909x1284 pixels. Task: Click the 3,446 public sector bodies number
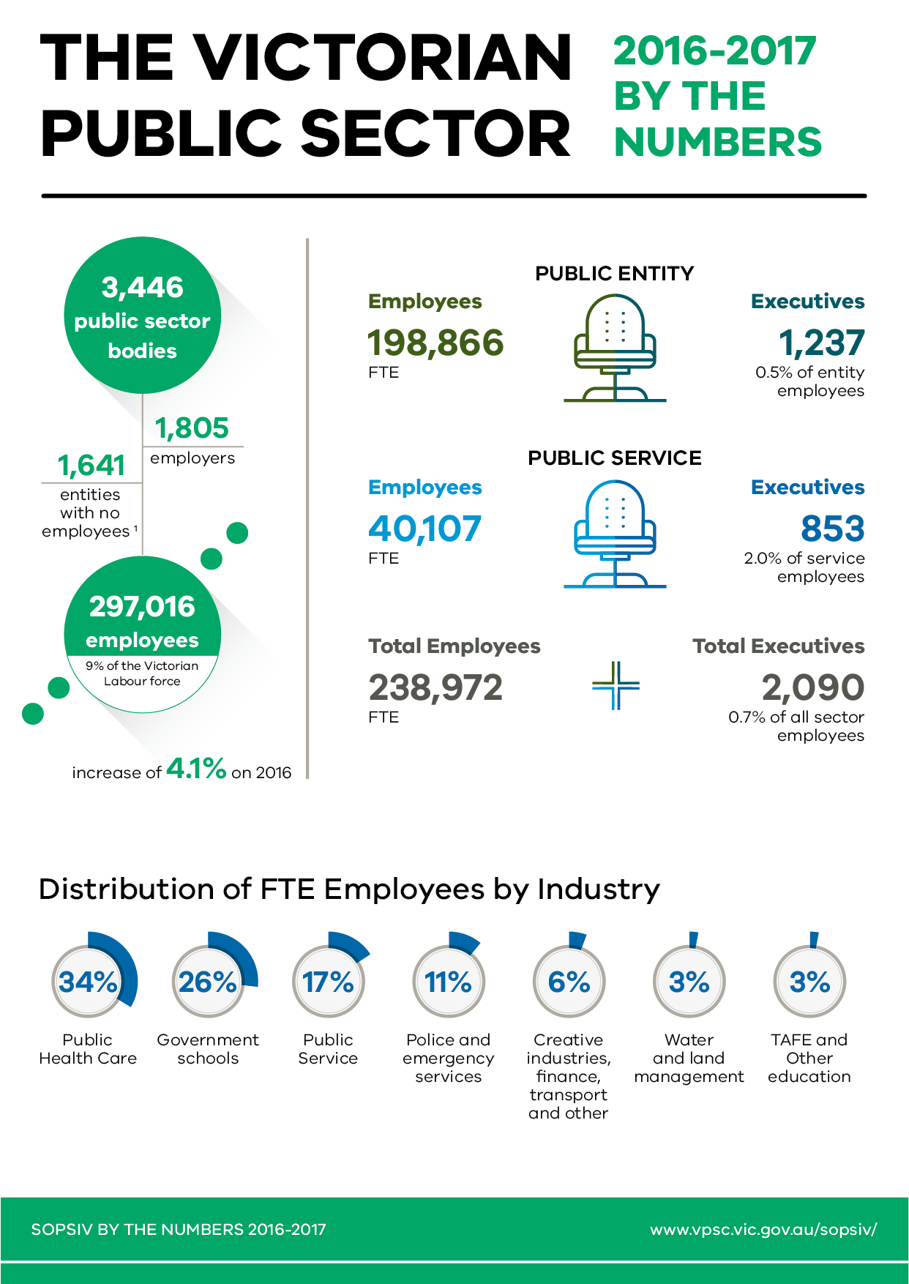click(143, 288)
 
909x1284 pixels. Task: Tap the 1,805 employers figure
click(192, 428)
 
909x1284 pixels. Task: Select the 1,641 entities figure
click(91, 466)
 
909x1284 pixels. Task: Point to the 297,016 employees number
click(143, 607)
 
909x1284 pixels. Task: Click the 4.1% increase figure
click(196, 769)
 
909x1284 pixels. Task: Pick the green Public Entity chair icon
click(615, 348)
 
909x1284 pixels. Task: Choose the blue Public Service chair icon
click(615, 534)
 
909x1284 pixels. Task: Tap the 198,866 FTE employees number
click(435, 343)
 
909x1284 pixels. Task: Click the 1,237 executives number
click(821, 343)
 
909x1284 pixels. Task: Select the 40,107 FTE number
click(424, 529)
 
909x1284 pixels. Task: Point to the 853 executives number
click(832, 529)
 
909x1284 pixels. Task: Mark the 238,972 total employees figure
click(435, 687)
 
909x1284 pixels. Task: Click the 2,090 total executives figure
click(812, 687)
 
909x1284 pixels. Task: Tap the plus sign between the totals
click(616, 686)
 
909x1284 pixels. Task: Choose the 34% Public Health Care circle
click(88, 982)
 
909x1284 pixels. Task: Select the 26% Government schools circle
click(208, 982)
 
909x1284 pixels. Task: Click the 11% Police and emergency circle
click(449, 982)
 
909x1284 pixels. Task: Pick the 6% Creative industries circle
click(569, 982)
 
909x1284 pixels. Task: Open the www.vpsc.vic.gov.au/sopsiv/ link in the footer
click(763, 1229)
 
